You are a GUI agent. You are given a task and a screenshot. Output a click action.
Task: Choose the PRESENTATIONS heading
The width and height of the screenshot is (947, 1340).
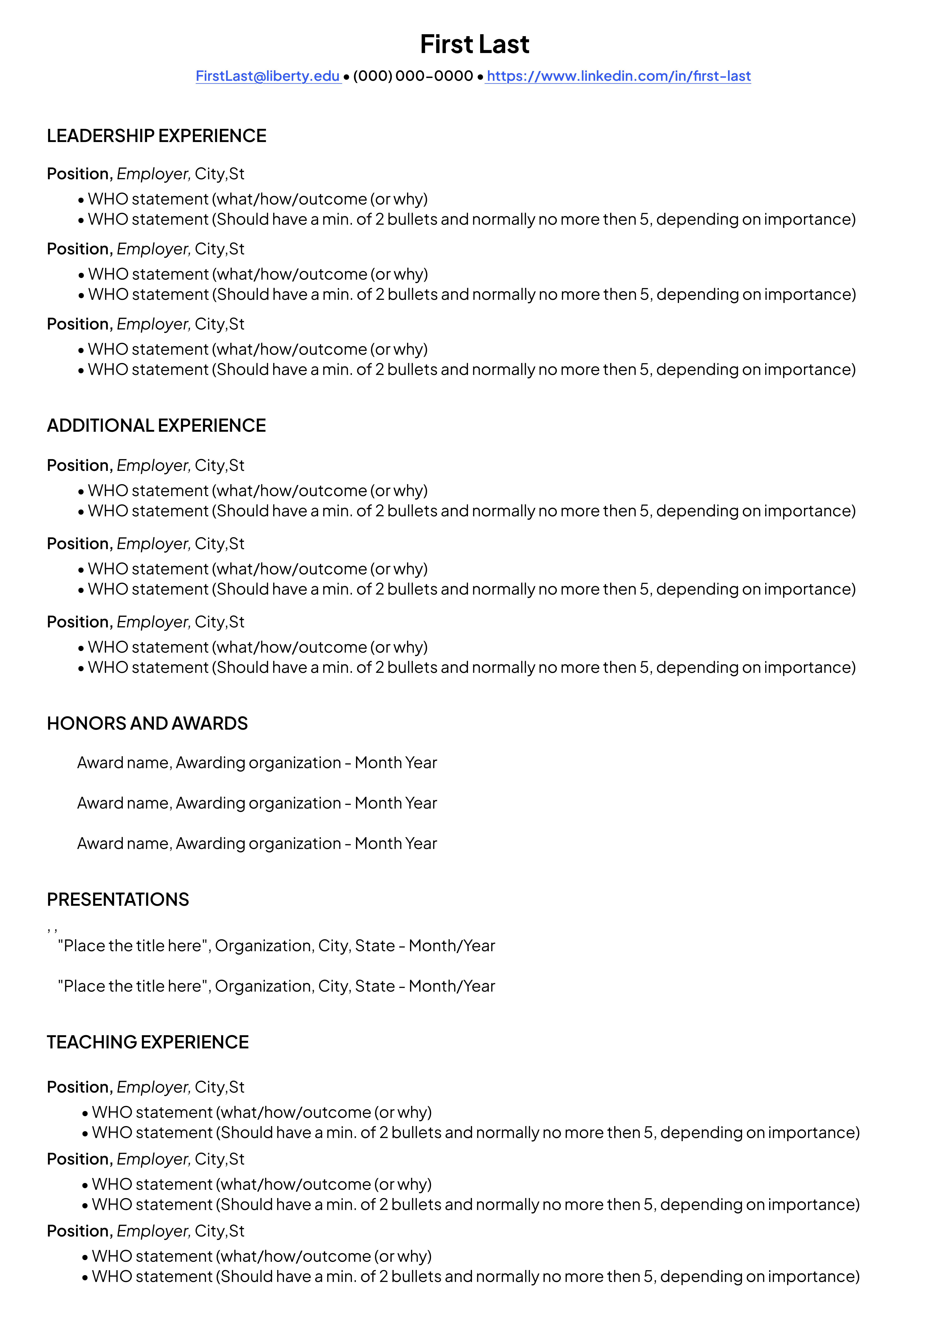[118, 899]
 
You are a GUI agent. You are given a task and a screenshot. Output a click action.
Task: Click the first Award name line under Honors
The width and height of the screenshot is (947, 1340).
[257, 763]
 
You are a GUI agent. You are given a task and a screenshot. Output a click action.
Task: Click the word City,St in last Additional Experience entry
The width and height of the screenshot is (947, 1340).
[220, 622]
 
